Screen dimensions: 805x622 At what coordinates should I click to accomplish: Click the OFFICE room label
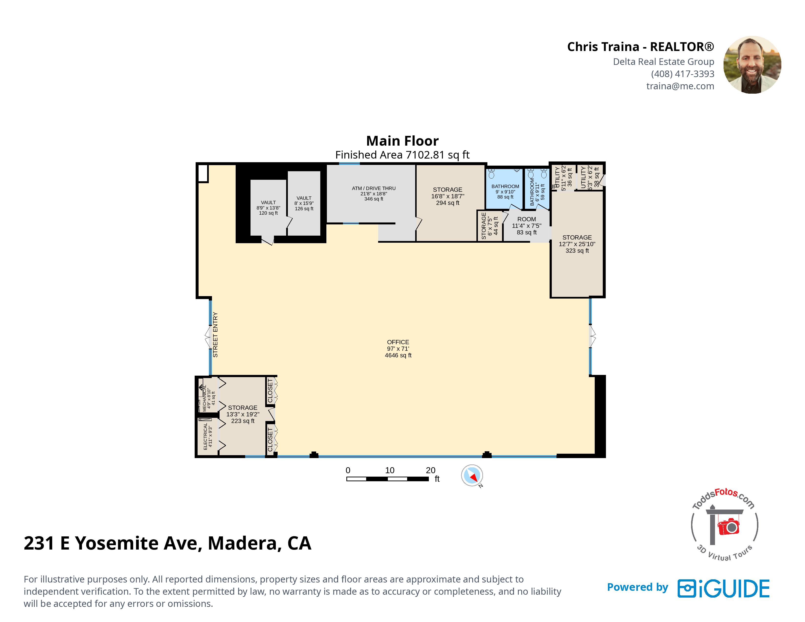click(x=398, y=349)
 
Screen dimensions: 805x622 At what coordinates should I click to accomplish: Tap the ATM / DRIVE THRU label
click(x=374, y=193)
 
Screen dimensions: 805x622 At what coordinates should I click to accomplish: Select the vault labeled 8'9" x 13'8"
click(x=268, y=208)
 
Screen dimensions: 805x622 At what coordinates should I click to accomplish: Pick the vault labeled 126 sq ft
click(x=304, y=203)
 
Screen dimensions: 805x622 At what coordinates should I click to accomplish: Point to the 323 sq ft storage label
click(x=577, y=244)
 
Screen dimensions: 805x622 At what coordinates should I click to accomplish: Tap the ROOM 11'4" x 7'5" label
click(x=527, y=226)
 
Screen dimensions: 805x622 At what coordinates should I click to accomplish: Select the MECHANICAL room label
click(x=208, y=398)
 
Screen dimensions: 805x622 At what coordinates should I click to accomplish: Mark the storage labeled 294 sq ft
click(x=448, y=196)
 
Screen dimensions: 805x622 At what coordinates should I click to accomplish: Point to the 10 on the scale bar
click(x=390, y=470)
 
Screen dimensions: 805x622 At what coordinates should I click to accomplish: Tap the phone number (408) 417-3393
click(x=683, y=74)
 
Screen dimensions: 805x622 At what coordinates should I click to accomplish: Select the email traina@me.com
click(x=680, y=86)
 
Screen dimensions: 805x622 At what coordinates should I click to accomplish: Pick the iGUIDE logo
click(x=724, y=589)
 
